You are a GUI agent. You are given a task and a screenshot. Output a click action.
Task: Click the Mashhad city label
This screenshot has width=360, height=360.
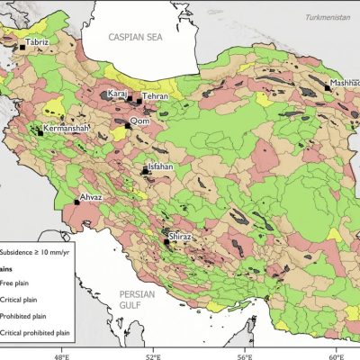pos(344,82)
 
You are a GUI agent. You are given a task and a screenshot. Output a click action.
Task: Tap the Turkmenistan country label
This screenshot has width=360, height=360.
pos(325,17)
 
